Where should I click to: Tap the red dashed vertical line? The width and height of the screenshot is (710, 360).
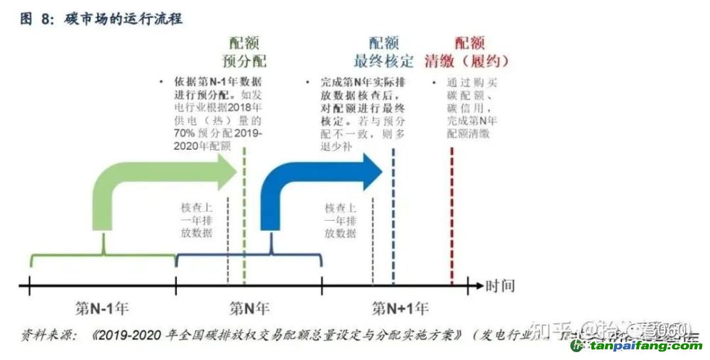click(452, 213)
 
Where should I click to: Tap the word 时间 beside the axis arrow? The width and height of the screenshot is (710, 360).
click(500, 287)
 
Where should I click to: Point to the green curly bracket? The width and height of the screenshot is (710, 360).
click(103, 256)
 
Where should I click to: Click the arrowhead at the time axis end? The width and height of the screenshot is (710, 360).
click(476, 287)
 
